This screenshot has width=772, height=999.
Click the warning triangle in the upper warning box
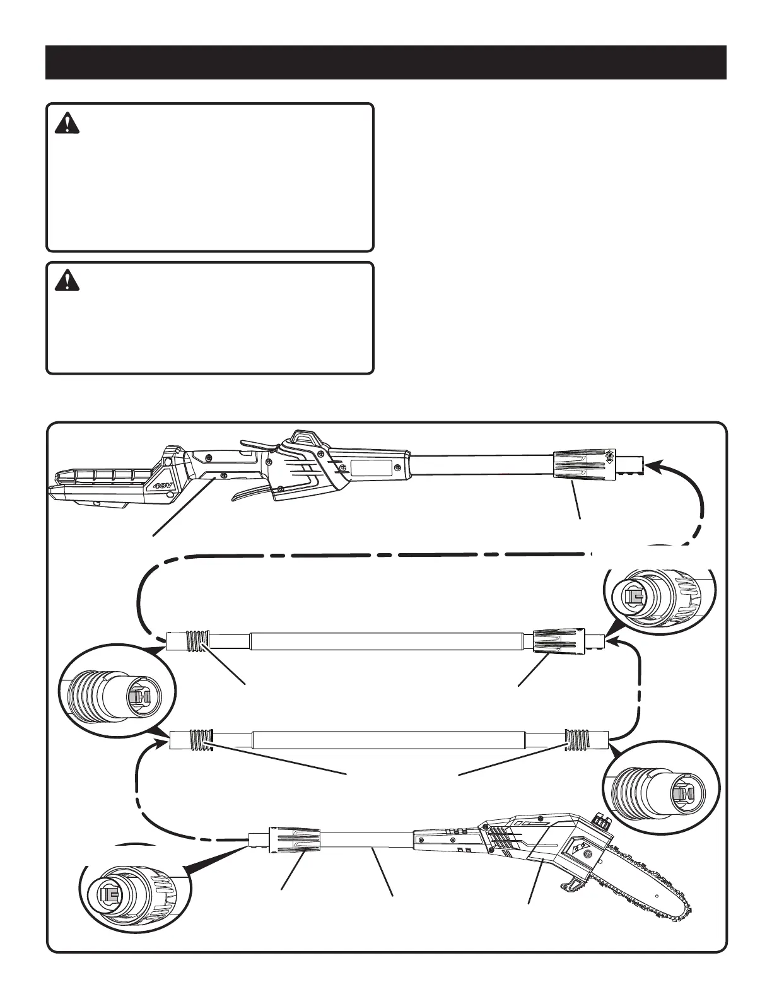coord(64,123)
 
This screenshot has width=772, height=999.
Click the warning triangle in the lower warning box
coord(64,281)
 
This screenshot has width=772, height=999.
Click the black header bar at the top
coord(385,62)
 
